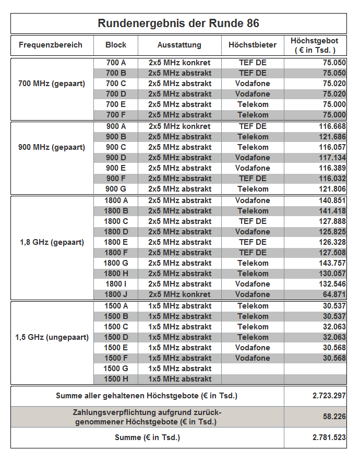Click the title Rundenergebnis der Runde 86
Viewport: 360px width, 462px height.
(x=178, y=23)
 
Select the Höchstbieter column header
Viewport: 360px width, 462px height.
(x=253, y=45)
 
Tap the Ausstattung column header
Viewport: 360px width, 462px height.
(x=179, y=45)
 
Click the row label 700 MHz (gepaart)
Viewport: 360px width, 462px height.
(x=52, y=84)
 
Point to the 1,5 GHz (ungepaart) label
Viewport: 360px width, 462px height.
(x=52, y=337)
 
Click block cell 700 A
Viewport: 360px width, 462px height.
(x=116, y=63)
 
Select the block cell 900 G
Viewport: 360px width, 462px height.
(x=116, y=189)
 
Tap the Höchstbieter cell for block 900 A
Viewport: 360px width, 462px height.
(x=253, y=126)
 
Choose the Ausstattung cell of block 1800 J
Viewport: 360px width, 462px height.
(x=179, y=294)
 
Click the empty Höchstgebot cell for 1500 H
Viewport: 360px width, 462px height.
(x=315, y=379)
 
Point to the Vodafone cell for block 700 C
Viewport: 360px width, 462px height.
(x=253, y=84)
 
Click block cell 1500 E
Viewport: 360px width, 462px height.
(x=116, y=348)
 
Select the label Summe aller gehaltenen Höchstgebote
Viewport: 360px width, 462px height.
(x=147, y=396)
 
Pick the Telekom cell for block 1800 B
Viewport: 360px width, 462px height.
(x=253, y=211)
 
